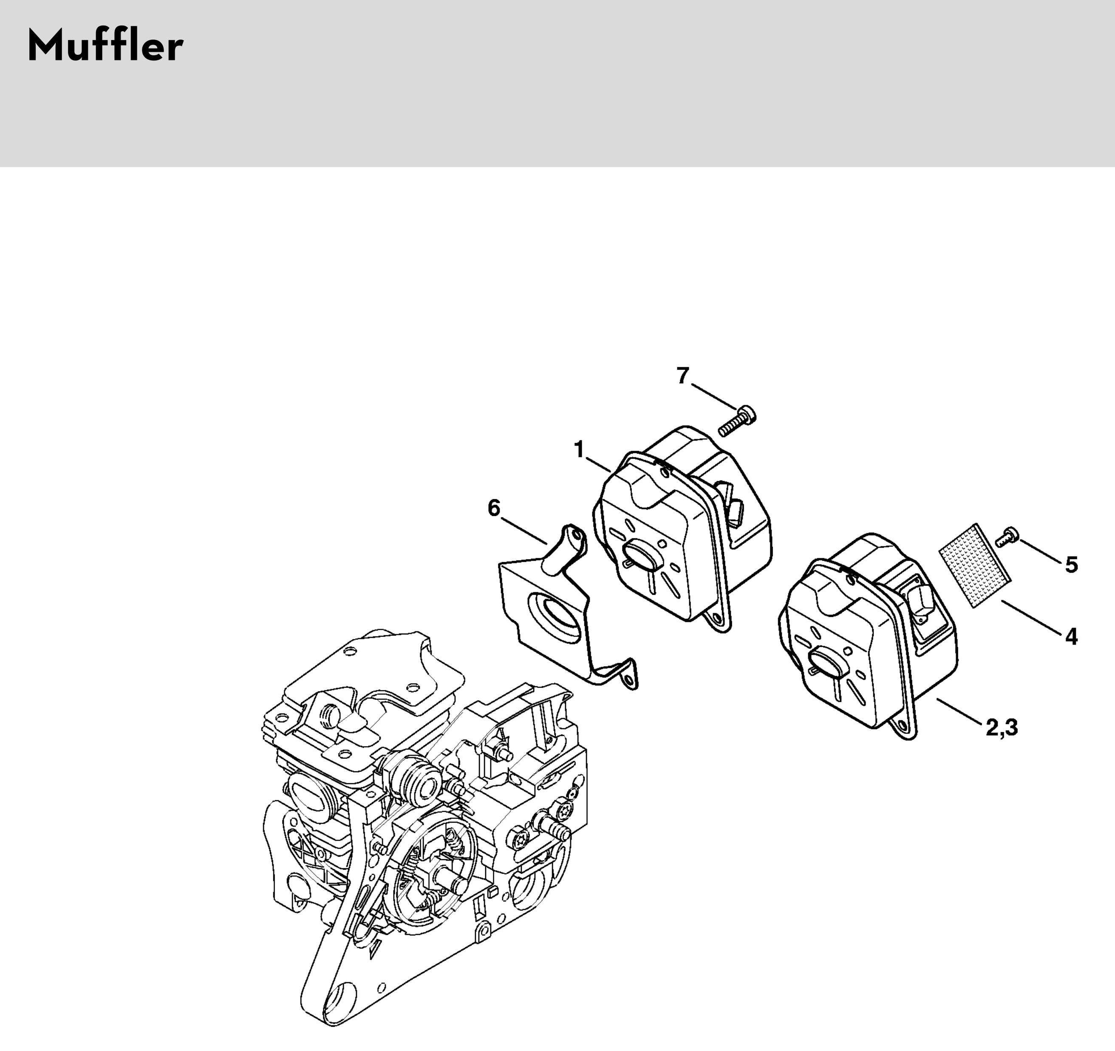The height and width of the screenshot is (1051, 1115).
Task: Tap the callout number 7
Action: point(682,375)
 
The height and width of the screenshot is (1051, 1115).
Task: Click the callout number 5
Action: point(1071,565)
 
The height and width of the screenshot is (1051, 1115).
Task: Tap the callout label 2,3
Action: point(1001,728)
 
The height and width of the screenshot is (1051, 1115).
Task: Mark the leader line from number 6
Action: point(524,531)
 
